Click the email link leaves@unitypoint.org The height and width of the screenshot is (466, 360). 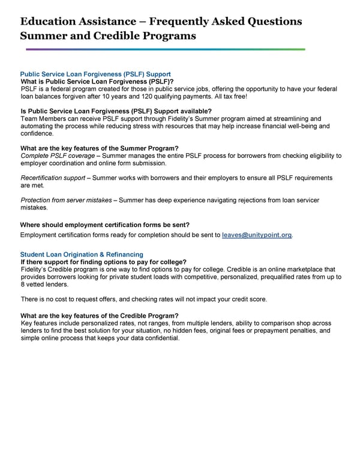click(257, 235)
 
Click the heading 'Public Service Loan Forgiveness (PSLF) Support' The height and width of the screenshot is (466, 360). click(95, 74)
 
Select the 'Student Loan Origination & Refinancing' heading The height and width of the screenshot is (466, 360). click(82, 255)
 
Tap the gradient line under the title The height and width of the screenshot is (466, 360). click(163, 49)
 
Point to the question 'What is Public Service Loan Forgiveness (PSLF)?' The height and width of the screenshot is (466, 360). click(97, 82)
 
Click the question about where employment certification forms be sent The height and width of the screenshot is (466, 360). click(105, 224)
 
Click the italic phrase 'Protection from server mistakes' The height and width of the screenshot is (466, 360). click(65, 200)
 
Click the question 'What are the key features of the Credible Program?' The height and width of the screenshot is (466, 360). click(100, 316)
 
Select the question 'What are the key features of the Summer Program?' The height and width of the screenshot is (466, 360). click(99, 148)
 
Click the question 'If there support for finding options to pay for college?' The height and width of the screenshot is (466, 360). click(103, 262)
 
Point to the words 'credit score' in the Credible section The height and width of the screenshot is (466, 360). click(248, 299)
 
